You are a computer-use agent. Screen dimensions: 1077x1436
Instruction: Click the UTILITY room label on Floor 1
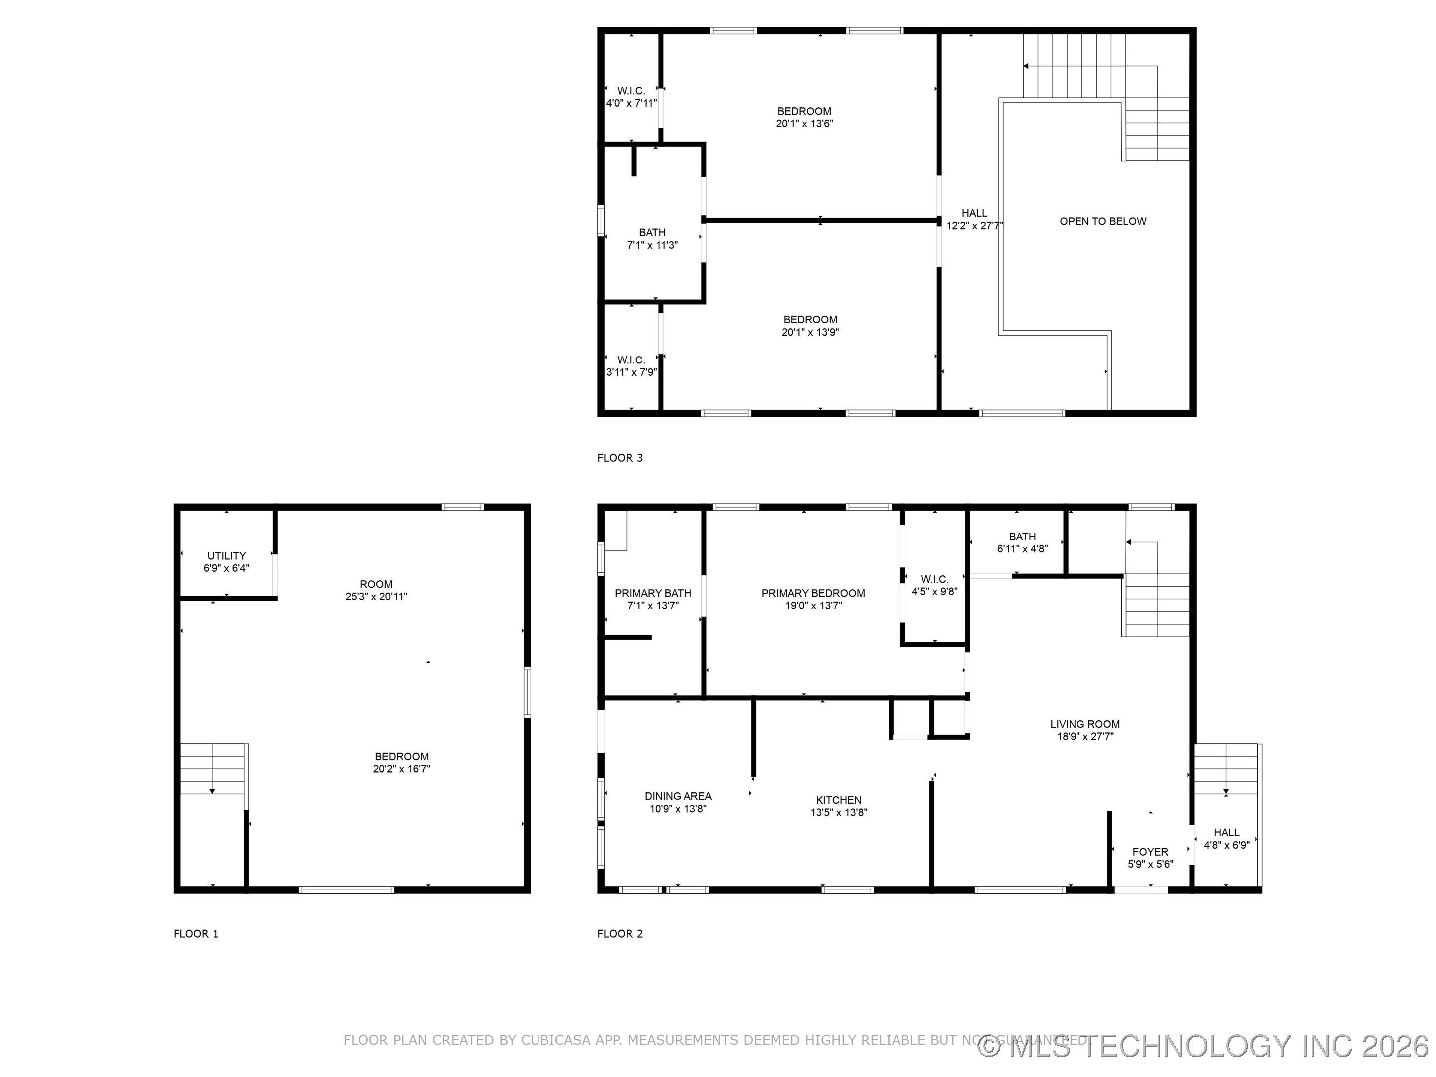pyautogui.click(x=226, y=556)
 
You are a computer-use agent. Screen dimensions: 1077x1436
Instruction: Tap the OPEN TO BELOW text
pyautogui.click(x=1102, y=221)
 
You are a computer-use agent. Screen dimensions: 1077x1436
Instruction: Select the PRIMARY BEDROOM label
pyautogui.click(x=813, y=593)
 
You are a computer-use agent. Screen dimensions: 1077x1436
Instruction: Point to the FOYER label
pyautogui.click(x=1150, y=852)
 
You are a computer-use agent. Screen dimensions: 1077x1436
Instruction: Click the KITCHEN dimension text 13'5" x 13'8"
pyautogui.click(x=839, y=812)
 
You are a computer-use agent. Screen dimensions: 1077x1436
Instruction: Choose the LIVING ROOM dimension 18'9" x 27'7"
pyautogui.click(x=1085, y=736)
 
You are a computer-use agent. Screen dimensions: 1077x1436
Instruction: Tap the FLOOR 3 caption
pyautogui.click(x=619, y=458)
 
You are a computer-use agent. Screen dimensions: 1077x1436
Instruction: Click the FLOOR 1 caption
pyautogui.click(x=195, y=933)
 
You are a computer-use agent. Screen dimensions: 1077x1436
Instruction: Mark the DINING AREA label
pyautogui.click(x=678, y=796)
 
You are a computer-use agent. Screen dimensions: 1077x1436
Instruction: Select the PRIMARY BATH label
pyautogui.click(x=652, y=593)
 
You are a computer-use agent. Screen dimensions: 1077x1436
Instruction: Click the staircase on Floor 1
pyautogui.click(x=212, y=769)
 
